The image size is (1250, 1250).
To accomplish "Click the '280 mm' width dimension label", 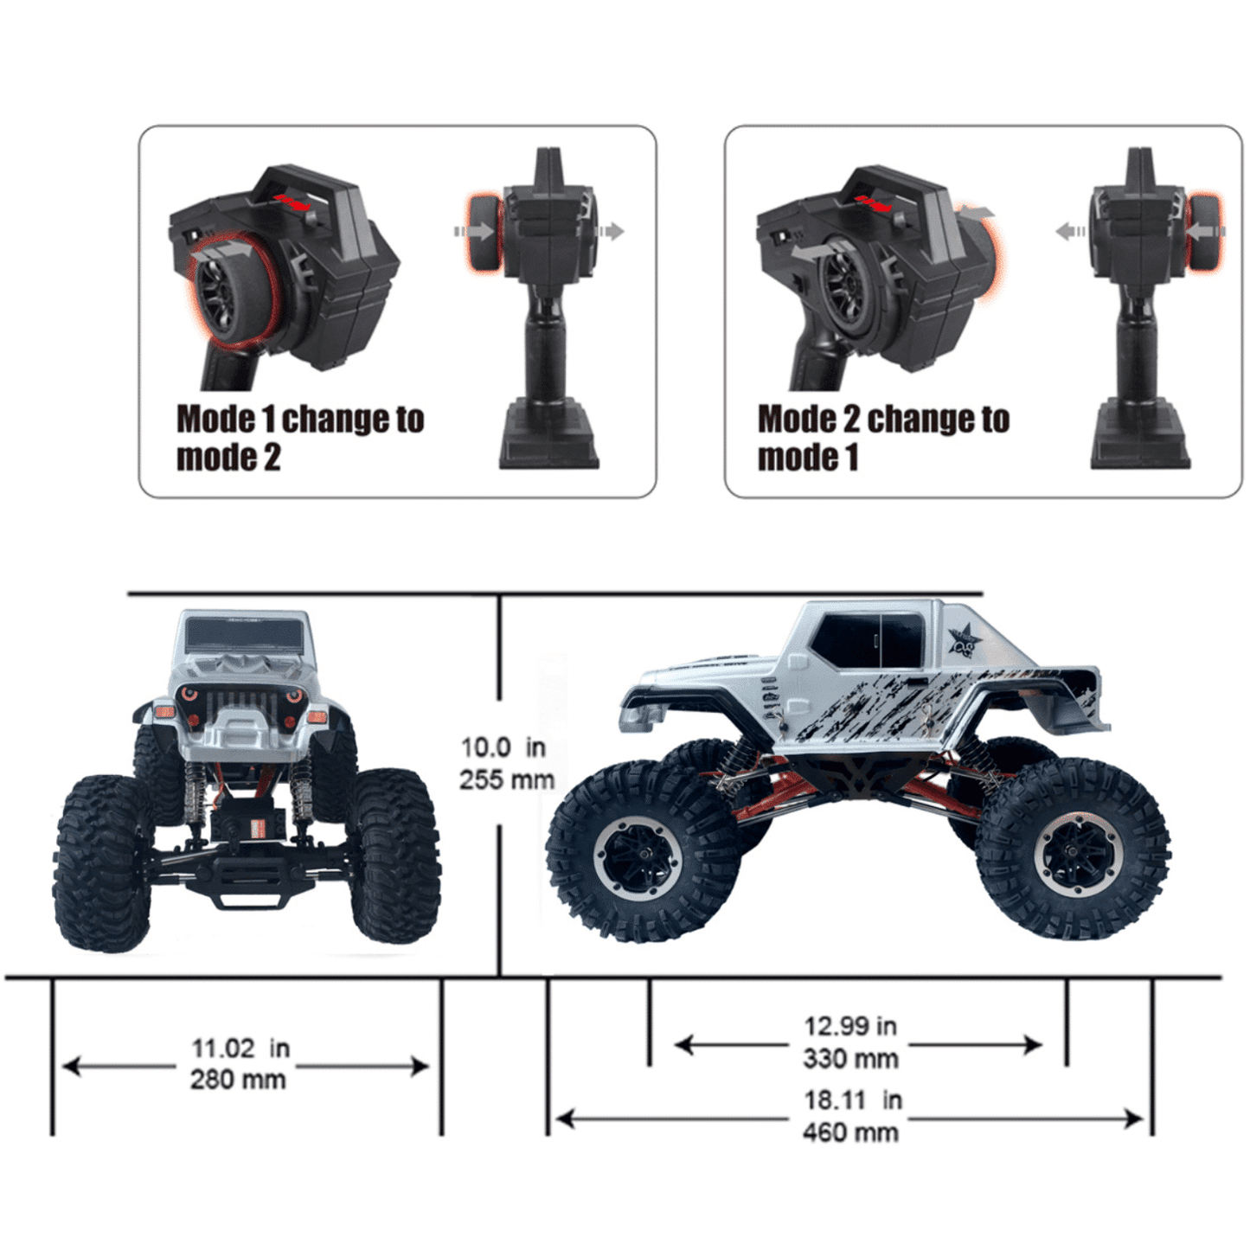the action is click(x=237, y=1080).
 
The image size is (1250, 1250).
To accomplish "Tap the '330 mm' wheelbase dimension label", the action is click(x=850, y=1059).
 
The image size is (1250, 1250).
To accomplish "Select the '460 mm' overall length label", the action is click(x=850, y=1132).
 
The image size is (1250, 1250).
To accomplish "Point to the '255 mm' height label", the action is click(x=507, y=779).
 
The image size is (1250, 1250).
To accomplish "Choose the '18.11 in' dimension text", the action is click(x=853, y=1100).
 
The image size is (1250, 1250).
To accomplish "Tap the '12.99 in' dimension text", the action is click(x=850, y=1026).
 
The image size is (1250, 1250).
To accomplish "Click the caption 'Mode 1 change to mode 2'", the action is click(x=300, y=438).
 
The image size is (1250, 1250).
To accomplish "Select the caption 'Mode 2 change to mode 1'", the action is click(x=883, y=438).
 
